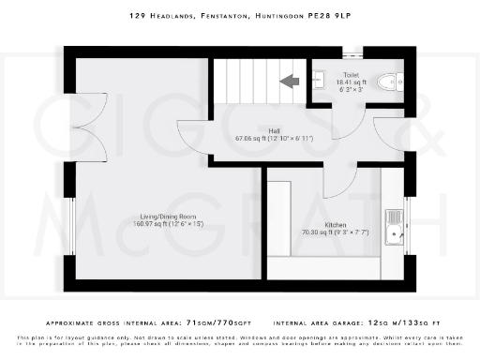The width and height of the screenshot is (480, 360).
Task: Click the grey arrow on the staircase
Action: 290,82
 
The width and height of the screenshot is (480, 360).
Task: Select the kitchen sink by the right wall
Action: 397,226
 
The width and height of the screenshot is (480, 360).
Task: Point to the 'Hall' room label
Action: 273,131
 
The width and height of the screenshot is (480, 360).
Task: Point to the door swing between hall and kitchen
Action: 340,178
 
